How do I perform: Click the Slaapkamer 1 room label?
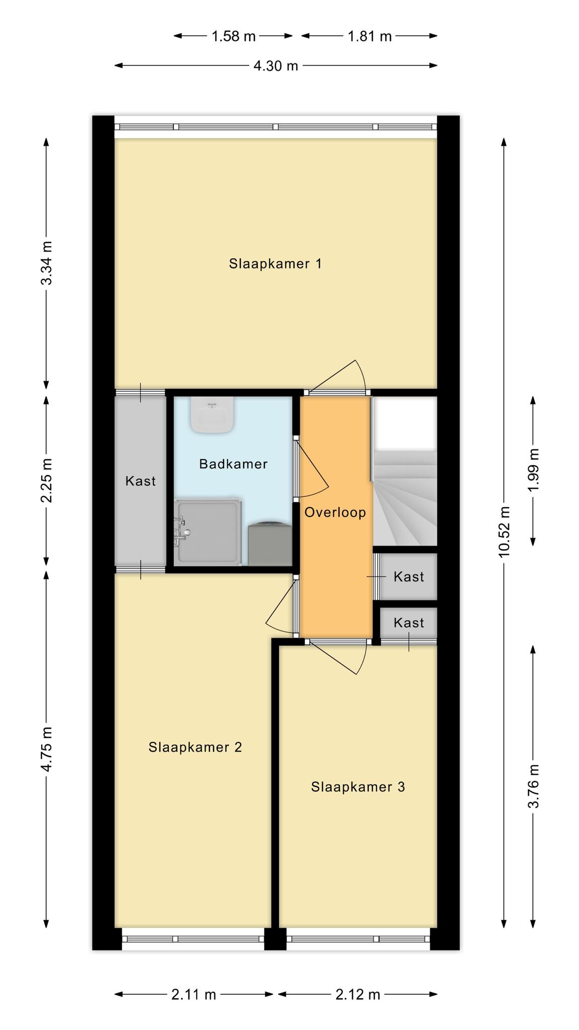(x=275, y=264)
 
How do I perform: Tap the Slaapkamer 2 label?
(x=195, y=747)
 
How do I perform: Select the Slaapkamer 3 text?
(x=358, y=787)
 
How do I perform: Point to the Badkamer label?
(x=233, y=464)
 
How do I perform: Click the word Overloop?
(x=335, y=512)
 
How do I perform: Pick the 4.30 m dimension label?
(x=276, y=66)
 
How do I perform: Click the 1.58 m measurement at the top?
(x=234, y=36)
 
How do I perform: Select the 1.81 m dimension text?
(x=369, y=36)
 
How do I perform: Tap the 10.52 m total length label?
(x=504, y=532)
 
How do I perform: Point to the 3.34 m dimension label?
(x=47, y=263)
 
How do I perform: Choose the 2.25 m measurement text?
(x=47, y=480)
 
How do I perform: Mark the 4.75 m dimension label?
(x=47, y=749)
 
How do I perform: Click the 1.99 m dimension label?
(x=533, y=470)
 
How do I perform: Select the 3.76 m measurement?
(x=533, y=786)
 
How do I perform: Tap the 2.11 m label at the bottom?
(x=194, y=994)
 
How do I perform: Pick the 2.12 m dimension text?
(x=357, y=994)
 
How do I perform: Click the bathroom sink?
(x=212, y=415)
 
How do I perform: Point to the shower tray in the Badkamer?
(x=208, y=532)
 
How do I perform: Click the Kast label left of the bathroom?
(x=141, y=481)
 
